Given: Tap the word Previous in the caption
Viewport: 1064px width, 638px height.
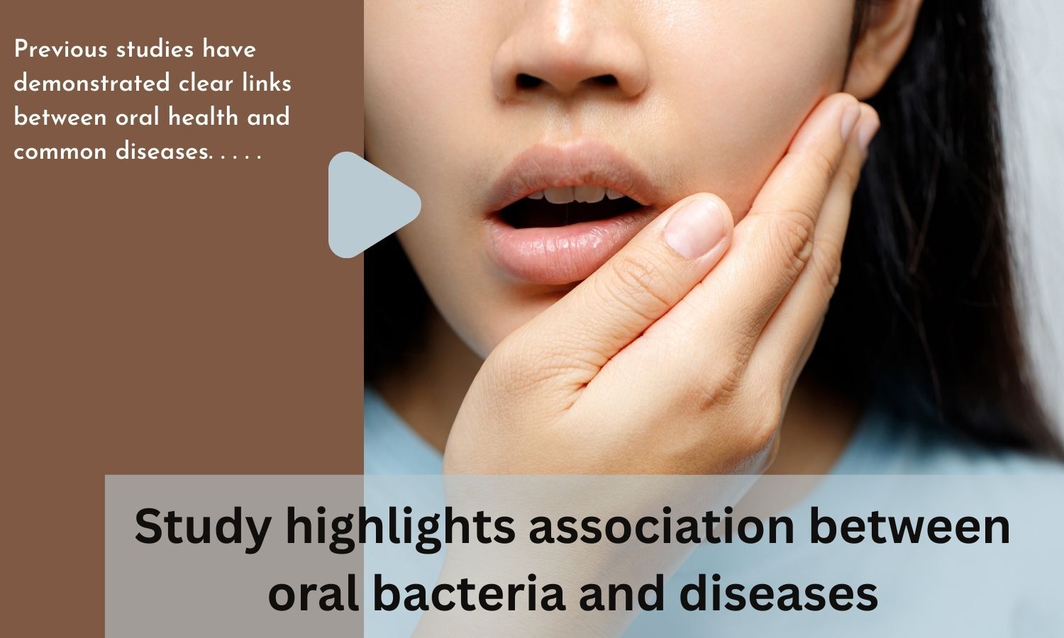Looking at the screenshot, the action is tap(61, 50).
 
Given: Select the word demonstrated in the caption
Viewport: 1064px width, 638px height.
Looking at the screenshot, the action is tap(92, 84).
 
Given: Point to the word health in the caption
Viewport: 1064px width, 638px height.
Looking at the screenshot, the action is tap(203, 117).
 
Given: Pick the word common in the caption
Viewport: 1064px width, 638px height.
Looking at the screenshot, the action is tap(60, 152).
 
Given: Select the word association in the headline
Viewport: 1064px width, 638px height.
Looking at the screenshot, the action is tap(662, 526).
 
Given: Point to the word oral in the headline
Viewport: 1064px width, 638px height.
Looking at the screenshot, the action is tap(314, 593).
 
